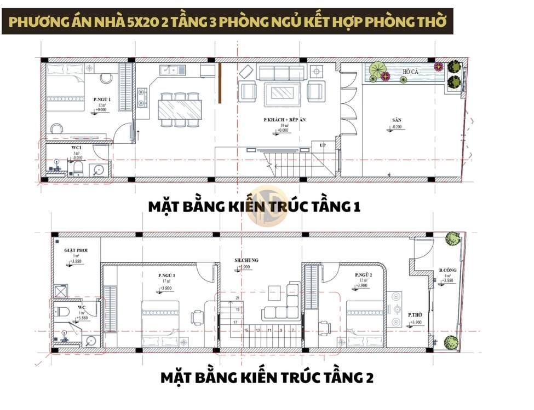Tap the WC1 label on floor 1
[77, 148]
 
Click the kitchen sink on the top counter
[170, 70]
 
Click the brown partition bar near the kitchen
[219, 83]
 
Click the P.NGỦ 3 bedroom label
[166, 276]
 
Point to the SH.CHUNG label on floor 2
[246, 260]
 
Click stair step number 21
[237, 298]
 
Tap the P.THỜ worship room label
[414, 315]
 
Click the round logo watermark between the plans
[267, 207]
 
